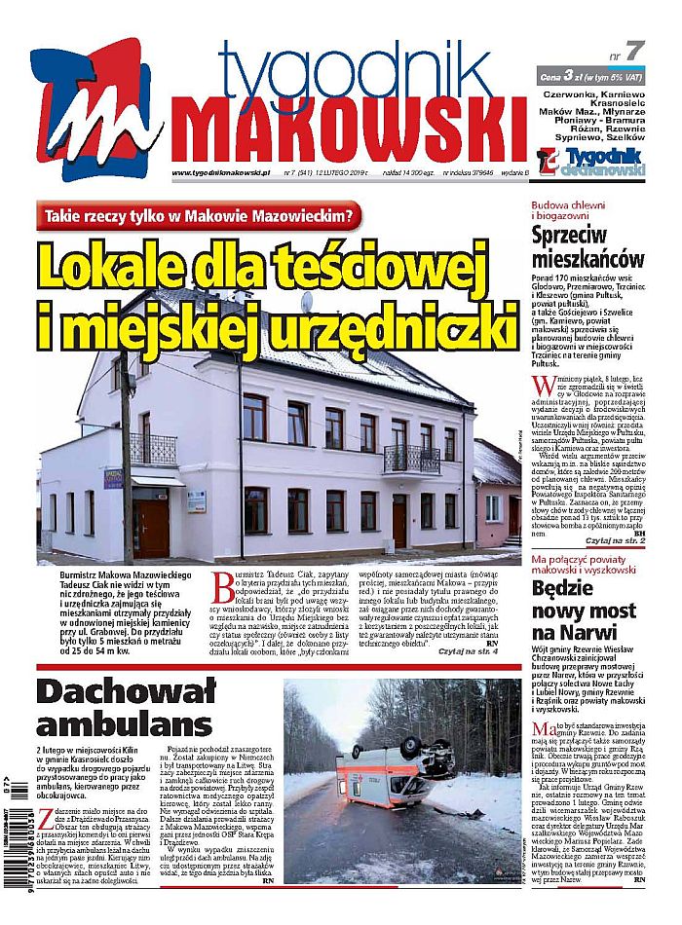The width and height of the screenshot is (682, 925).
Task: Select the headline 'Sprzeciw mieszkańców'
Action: (x=587, y=247)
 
